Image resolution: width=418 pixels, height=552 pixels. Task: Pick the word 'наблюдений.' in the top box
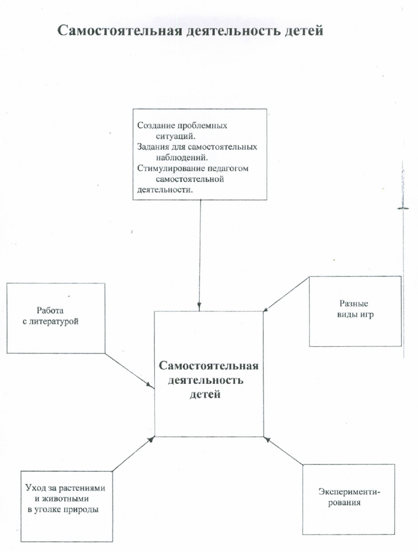pos(182,158)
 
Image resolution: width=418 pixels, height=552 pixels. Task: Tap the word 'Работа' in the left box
pos(50,311)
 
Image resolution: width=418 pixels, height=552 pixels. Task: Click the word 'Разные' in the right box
pos(354,304)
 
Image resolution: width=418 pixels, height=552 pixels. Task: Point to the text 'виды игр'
pos(355,315)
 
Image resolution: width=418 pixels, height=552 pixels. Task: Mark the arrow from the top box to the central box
pos(200,255)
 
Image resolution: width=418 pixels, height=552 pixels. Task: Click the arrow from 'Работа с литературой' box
pos(129,370)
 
